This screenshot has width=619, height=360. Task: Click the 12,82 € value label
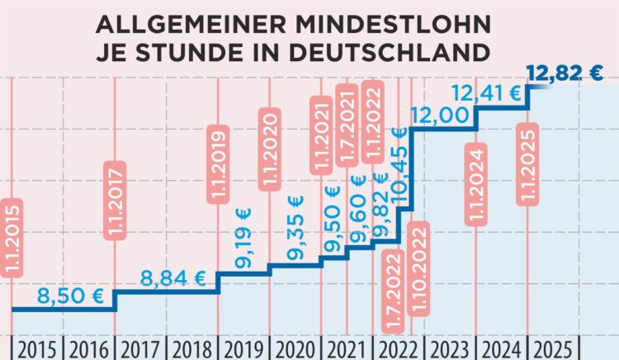(565, 73)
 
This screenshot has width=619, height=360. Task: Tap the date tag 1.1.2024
(476, 185)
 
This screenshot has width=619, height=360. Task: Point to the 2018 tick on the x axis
(191, 347)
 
